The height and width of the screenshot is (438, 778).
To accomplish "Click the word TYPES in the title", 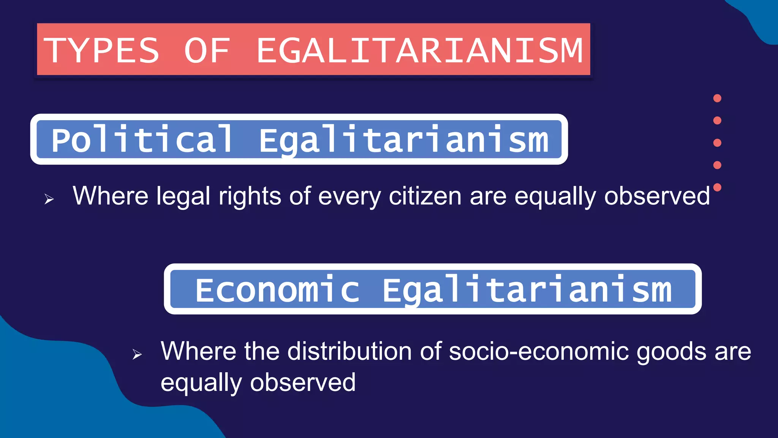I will (x=101, y=50).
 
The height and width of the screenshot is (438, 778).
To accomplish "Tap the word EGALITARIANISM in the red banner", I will (x=420, y=50).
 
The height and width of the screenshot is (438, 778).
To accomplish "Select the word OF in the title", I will (x=207, y=50).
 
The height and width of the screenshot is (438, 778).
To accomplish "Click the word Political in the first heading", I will (x=142, y=140).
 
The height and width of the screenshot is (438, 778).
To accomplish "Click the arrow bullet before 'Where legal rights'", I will (x=49, y=199).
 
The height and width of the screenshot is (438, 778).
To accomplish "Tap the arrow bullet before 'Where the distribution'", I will (x=137, y=354).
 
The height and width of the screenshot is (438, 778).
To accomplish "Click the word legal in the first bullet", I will (x=183, y=196).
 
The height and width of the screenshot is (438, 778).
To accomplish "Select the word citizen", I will (x=425, y=196).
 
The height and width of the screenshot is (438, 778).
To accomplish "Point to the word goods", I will (x=671, y=352).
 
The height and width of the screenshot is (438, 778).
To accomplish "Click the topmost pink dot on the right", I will (x=717, y=98).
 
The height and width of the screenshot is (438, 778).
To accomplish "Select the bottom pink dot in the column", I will (x=717, y=187).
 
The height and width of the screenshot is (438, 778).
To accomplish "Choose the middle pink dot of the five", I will (x=717, y=143).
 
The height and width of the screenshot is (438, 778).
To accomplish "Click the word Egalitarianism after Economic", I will (x=527, y=290).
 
